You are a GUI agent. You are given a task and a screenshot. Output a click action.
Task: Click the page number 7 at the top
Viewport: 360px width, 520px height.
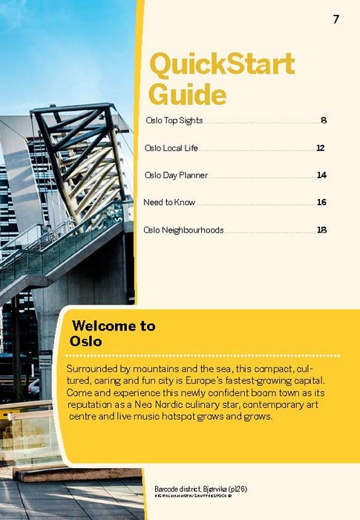click(336, 19)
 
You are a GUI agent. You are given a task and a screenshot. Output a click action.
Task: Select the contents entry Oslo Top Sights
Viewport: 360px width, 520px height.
click(174, 120)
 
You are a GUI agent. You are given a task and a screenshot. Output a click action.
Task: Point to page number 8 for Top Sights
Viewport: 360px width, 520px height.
click(324, 120)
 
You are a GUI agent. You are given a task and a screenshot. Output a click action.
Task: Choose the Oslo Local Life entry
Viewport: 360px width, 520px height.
click(171, 148)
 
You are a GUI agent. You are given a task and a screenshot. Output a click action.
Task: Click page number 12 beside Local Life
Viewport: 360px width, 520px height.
click(321, 148)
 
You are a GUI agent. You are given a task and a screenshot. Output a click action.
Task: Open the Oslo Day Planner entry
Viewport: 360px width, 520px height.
click(176, 175)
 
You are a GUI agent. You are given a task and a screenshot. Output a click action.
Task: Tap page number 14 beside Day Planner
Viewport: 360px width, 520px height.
click(321, 175)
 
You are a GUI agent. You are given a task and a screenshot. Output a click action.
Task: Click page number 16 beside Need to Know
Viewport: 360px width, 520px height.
click(321, 202)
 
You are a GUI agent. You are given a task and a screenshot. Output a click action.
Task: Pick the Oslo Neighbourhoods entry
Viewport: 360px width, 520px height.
click(183, 230)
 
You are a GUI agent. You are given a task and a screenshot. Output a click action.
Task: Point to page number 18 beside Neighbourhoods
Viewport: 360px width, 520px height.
click(321, 230)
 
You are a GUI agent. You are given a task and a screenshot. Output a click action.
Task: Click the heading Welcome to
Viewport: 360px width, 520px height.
click(114, 325)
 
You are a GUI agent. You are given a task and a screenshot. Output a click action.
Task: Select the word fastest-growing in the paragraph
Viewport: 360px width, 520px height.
click(267, 380)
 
